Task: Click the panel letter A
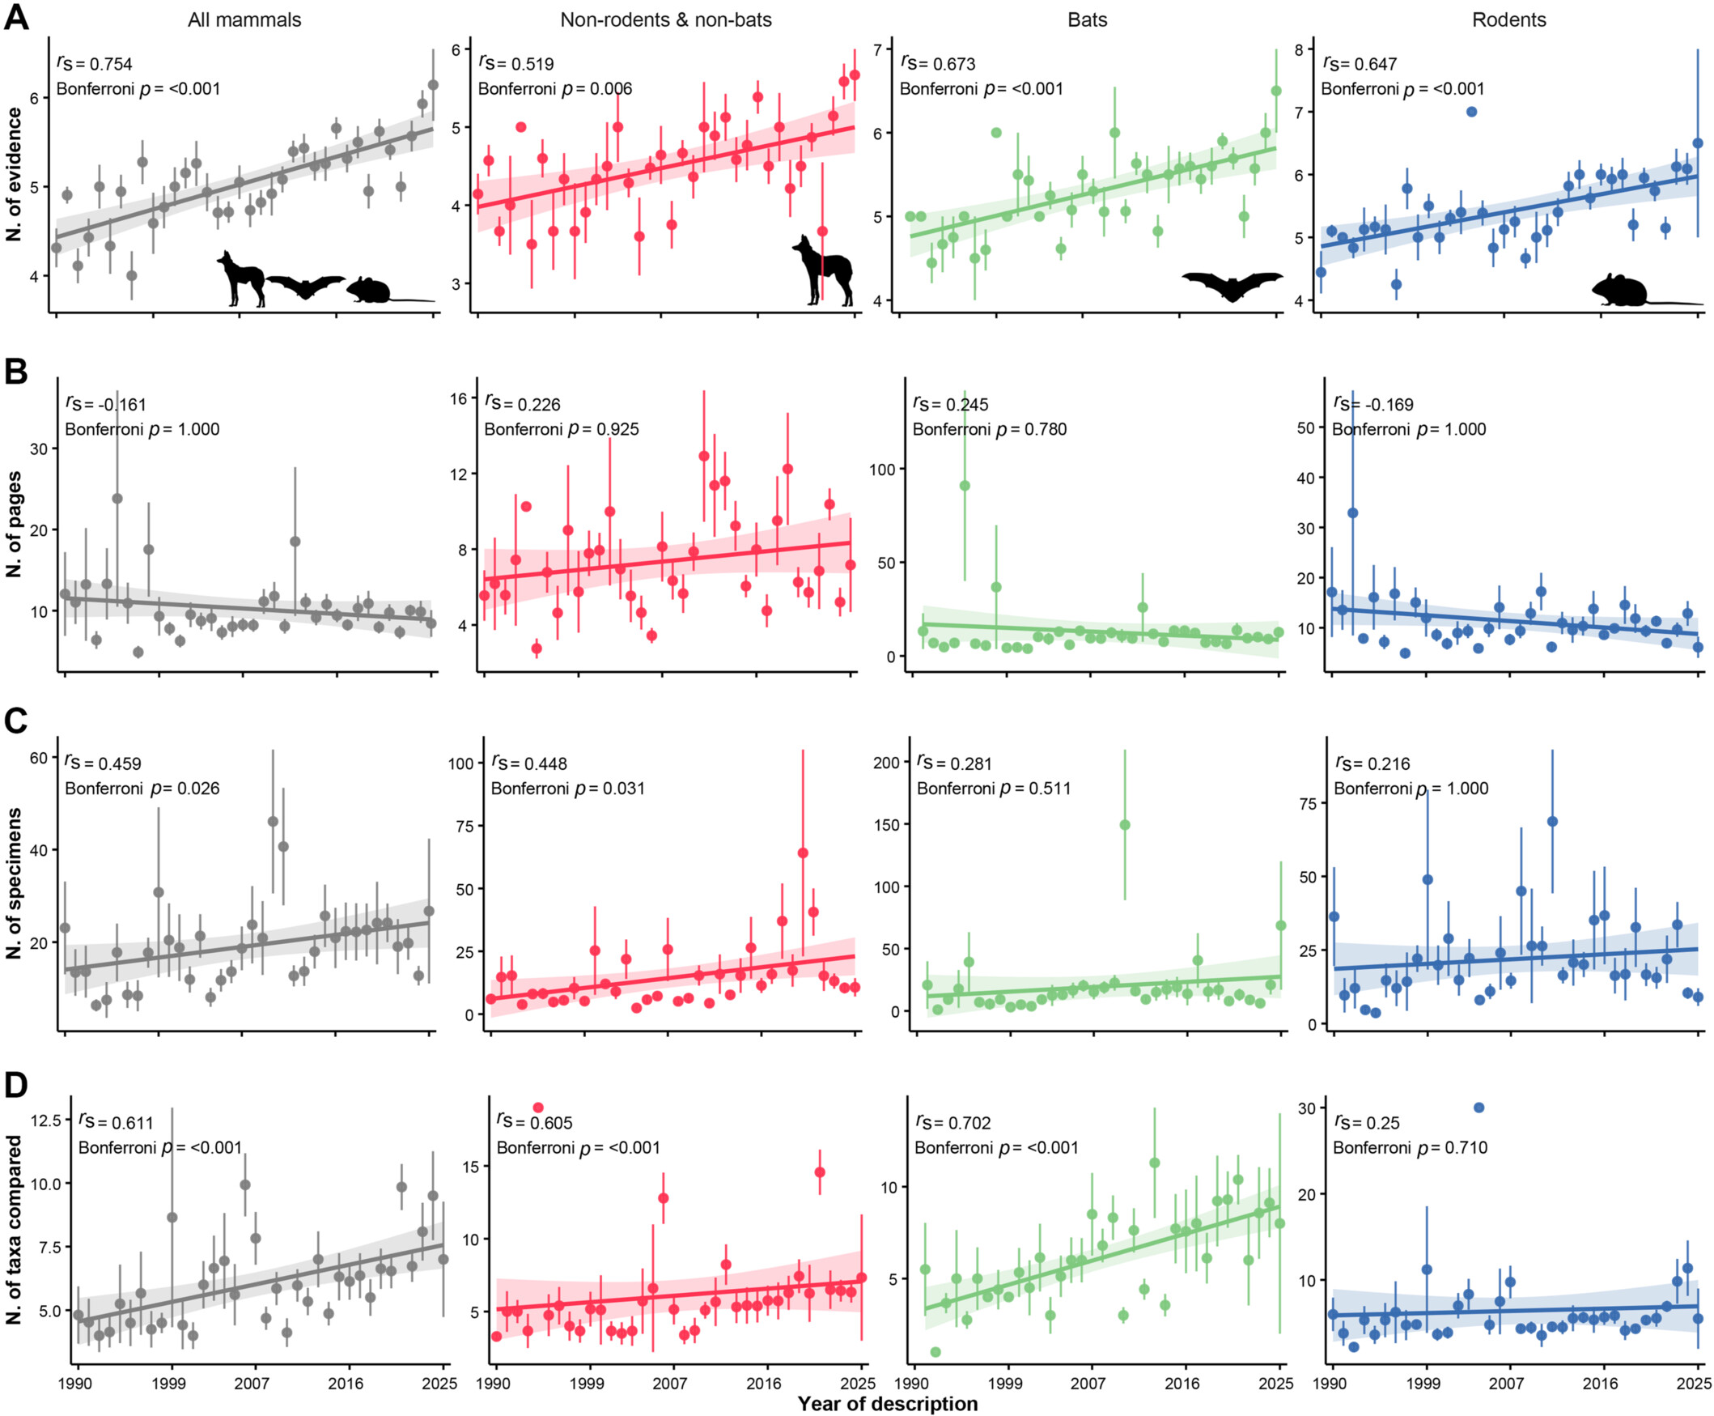point(16,18)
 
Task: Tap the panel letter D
point(16,1085)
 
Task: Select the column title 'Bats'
point(1087,19)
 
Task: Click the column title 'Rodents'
point(1508,19)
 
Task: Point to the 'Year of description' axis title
point(887,1403)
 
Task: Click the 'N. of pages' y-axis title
point(14,525)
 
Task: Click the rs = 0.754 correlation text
point(95,64)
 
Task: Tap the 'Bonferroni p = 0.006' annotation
point(554,89)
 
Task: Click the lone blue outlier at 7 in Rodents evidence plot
point(1472,112)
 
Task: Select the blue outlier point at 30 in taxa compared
point(1479,1108)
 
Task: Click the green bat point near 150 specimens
point(1124,825)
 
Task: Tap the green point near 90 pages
point(965,485)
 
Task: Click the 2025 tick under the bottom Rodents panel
point(1699,1384)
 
